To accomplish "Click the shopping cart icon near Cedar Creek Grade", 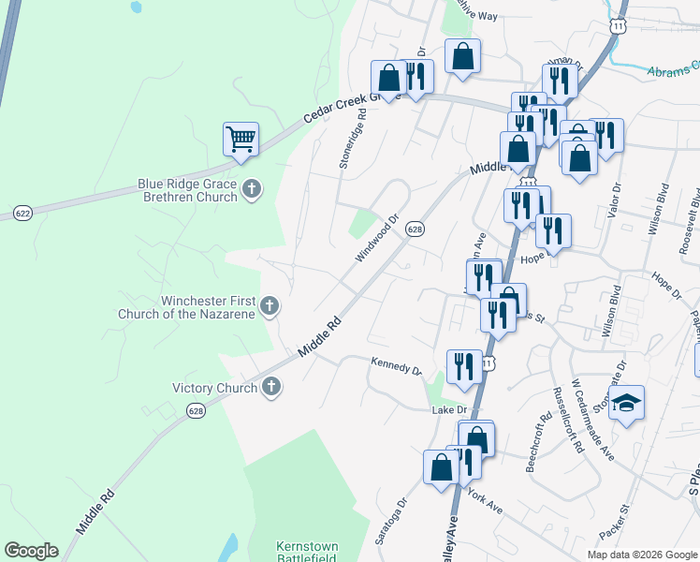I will point(241,140).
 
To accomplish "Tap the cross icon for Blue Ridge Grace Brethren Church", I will point(251,190).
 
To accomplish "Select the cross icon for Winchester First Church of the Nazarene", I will point(270,306).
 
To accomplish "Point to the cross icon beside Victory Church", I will point(271,387).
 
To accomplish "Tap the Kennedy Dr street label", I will point(397,365).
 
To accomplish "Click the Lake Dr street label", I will point(449,410).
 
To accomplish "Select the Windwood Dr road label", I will point(377,240).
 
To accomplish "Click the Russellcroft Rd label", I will point(567,421).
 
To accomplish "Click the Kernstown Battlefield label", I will point(306,552).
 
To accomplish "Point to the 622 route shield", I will point(23,214).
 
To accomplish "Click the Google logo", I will point(31,550).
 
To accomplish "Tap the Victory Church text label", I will point(214,388).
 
